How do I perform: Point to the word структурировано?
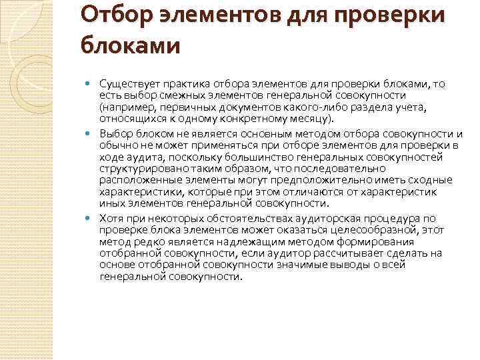pos(138,169)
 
